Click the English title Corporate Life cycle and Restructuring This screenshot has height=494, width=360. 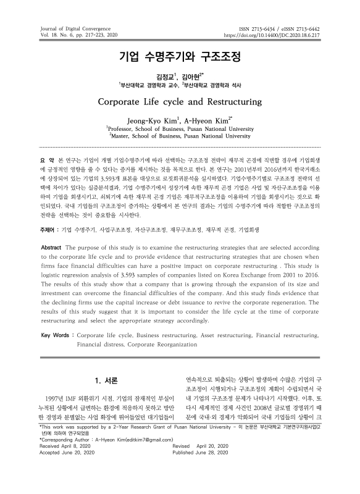180,101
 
